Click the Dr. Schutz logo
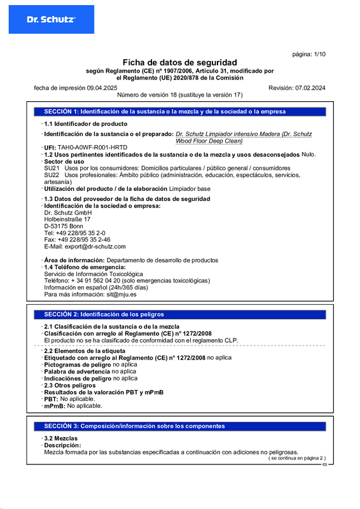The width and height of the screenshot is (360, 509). click(x=51, y=20)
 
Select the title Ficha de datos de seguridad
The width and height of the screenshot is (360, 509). click(x=179, y=62)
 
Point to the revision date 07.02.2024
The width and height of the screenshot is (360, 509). click(x=306, y=87)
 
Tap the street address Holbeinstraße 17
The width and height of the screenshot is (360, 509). click(x=67, y=219)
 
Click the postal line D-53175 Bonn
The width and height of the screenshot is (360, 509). click(x=64, y=226)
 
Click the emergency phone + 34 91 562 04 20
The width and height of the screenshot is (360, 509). click(x=96, y=281)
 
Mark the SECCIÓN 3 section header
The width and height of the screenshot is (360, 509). click(x=134, y=426)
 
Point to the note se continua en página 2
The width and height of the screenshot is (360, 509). click(x=296, y=458)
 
